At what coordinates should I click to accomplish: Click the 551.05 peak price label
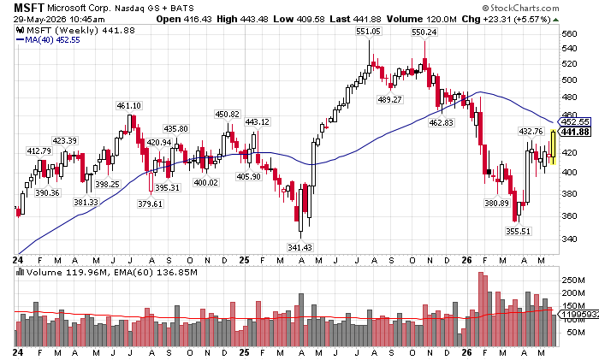(x=368, y=32)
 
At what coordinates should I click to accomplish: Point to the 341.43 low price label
(x=299, y=247)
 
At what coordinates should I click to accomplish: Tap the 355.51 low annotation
(x=518, y=231)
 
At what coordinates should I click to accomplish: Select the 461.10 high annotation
(x=128, y=105)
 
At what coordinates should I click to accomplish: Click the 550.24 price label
(x=424, y=32)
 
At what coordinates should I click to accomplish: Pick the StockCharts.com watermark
(x=520, y=8)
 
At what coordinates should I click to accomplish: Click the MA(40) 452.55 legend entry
(x=49, y=39)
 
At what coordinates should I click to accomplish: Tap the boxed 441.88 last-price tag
(x=574, y=132)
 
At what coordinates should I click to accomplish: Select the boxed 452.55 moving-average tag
(x=574, y=121)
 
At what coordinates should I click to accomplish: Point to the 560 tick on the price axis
(x=569, y=34)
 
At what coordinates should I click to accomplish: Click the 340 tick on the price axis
(x=569, y=239)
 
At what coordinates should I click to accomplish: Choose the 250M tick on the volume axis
(x=573, y=280)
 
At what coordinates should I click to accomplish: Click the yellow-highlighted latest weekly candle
(x=553, y=147)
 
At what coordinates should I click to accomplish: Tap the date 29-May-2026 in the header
(x=39, y=20)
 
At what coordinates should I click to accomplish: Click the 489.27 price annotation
(x=389, y=99)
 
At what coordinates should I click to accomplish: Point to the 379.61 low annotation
(x=150, y=204)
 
